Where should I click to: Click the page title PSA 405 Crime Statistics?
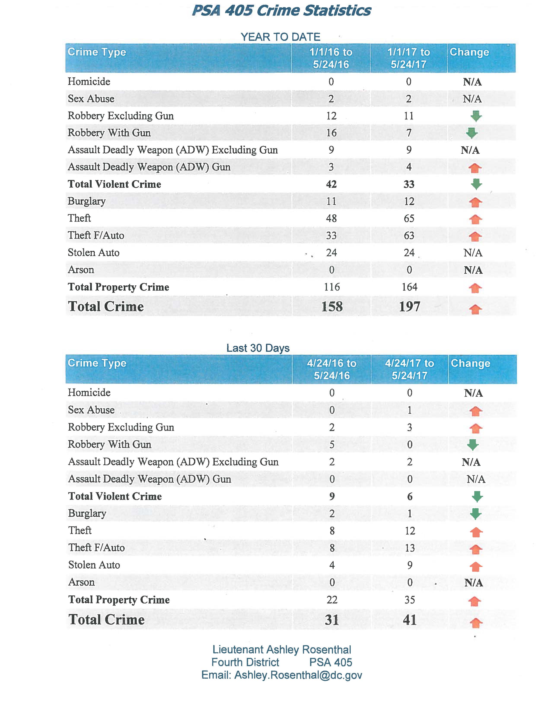pos(281,11)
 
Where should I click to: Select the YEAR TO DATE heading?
pos(280,37)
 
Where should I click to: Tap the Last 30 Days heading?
pos(258,348)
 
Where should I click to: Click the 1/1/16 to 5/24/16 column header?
pos(331,58)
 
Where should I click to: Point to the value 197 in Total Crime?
pos(409,307)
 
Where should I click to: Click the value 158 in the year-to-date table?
pos(332,307)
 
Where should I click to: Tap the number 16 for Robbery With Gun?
pos(331,133)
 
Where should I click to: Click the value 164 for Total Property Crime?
pos(409,287)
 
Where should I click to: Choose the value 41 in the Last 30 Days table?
pos(410,620)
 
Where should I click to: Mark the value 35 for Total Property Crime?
pos(410,600)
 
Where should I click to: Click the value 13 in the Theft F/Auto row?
pos(410,548)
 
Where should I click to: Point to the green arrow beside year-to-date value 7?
pos(472,133)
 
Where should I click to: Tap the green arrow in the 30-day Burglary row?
pos(476,514)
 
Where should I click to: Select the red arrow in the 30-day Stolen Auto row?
pos(476,567)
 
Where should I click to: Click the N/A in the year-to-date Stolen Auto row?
pos(473,253)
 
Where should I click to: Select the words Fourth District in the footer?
pos(245,662)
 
